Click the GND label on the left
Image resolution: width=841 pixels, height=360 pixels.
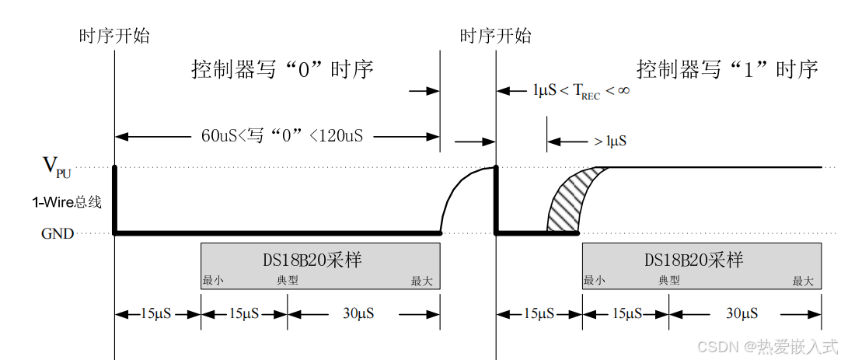[58, 233]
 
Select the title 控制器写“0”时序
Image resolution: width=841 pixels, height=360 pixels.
[283, 70]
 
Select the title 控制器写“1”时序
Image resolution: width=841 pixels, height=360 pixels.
[727, 70]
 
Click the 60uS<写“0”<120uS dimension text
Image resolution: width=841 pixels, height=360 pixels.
[281, 136]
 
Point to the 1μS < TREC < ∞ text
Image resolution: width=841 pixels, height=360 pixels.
[581, 90]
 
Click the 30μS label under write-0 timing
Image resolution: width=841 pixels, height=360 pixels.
[358, 314]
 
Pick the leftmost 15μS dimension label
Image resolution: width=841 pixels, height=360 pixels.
[156, 314]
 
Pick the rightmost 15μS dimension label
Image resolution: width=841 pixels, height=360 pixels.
[626, 314]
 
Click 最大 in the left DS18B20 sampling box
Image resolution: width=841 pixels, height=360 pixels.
[421, 281]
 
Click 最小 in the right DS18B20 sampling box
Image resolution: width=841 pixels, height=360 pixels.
[595, 281]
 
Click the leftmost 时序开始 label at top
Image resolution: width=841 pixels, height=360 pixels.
[114, 36]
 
